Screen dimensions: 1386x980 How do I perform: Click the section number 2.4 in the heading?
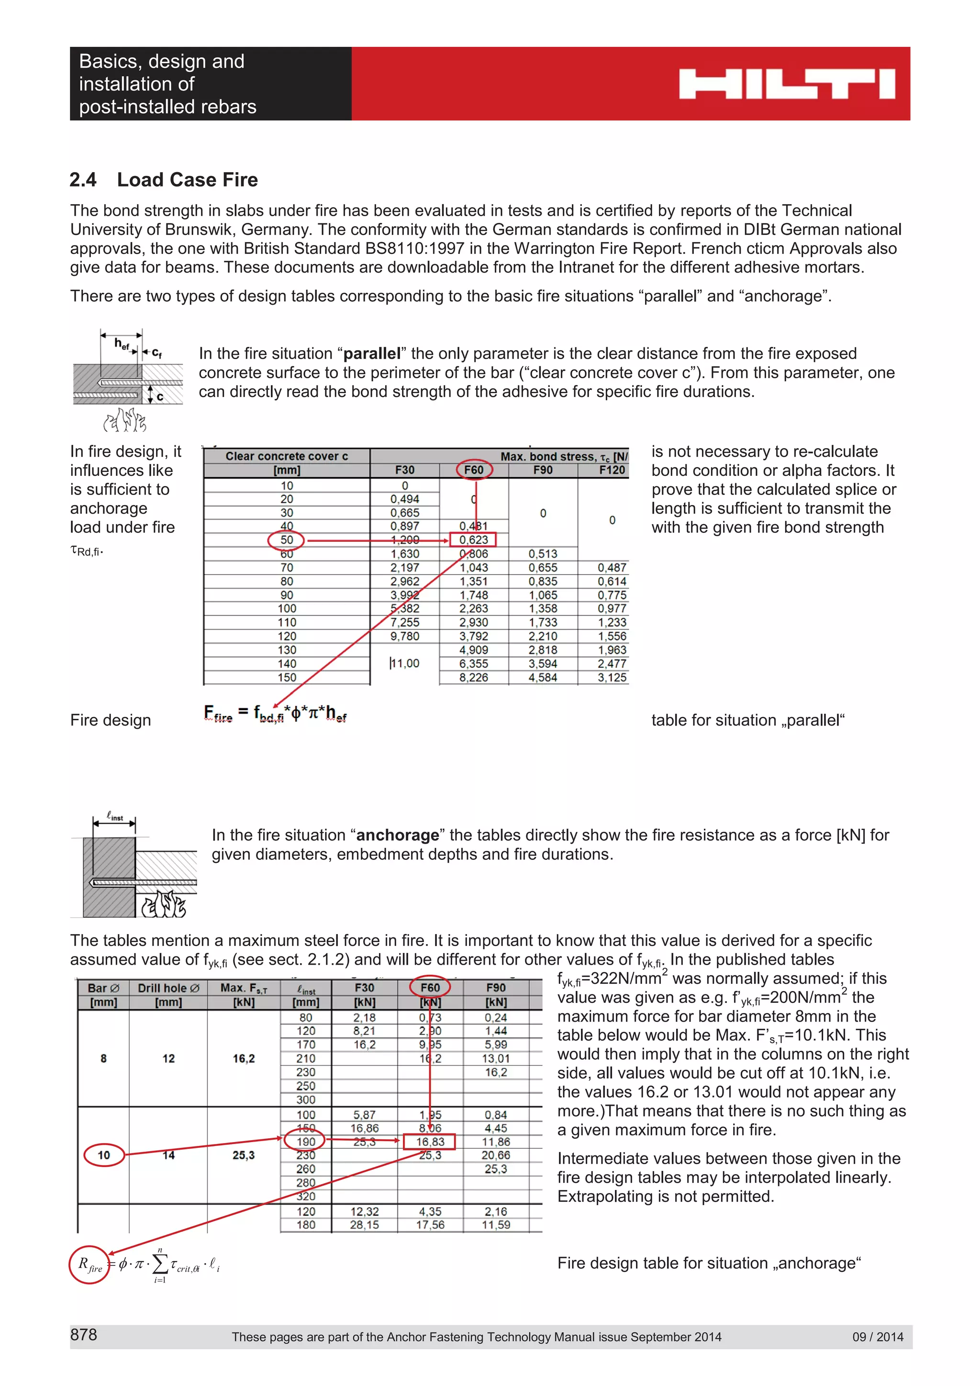83,180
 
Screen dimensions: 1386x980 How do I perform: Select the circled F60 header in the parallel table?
474,470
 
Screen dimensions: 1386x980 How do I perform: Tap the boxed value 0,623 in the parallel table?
473,539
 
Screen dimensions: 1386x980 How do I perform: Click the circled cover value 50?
286,539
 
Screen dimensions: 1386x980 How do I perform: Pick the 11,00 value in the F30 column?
404,663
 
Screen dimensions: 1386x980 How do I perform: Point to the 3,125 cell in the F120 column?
612,677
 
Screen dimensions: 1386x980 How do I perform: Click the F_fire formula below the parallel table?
275,713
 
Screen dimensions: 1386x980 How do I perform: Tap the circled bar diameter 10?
104,1155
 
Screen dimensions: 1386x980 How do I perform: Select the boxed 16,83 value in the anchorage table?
430,1142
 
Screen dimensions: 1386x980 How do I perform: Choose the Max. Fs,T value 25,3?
244,1155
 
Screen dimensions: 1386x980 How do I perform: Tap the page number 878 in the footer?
83,1335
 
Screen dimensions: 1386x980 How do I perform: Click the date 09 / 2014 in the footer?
877,1336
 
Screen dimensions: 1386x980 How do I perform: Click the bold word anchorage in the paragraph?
397,835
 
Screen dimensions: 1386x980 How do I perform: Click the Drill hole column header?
168,988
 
